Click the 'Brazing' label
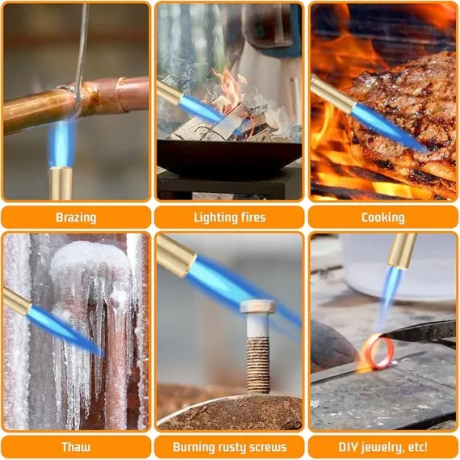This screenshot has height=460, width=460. (x=76, y=218)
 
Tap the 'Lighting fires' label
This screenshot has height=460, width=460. (x=229, y=218)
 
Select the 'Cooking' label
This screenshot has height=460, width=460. (x=383, y=218)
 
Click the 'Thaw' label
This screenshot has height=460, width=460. (x=76, y=447)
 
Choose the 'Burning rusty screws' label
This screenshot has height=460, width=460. (x=229, y=447)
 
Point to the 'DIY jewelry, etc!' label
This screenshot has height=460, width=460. (x=383, y=447)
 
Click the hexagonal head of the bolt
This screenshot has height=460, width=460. (x=257, y=306)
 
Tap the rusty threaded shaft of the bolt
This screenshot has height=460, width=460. (x=258, y=365)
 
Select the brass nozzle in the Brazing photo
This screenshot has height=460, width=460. (x=61, y=183)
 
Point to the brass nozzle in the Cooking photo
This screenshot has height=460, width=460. (x=332, y=94)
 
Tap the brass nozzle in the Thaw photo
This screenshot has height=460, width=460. (x=17, y=301)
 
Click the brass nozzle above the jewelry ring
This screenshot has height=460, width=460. (x=402, y=251)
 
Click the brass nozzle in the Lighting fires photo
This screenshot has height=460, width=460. (x=169, y=94)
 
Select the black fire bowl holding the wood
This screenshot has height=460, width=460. (x=229, y=157)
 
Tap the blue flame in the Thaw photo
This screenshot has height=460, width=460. (x=65, y=330)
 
